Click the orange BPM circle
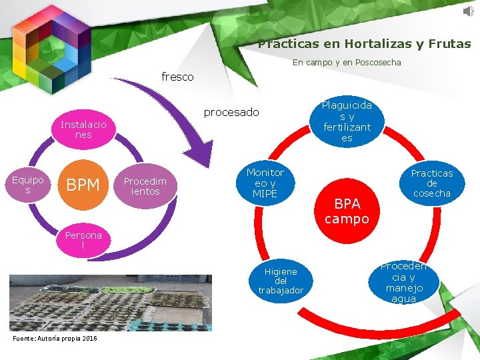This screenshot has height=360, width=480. pyautogui.click(x=83, y=185)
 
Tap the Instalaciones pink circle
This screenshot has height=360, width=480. pyautogui.click(x=83, y=129)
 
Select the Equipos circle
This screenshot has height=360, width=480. pyautogui.click(x=28, y=185)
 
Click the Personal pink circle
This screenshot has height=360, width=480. pyautogui.click(x=83, y=240)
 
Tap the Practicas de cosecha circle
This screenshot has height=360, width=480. pyautogui.click(x=431, y=183)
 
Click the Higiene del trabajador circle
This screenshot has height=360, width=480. pyautogui.click(x=281, y=281)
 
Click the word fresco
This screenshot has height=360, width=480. pyautogui.click(x=178, y=77)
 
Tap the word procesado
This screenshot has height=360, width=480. pyautogui.click(x=231, y=112)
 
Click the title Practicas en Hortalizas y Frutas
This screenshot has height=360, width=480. pyautogui.click(x=364, y=45)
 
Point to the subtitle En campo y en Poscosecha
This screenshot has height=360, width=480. pyautogui.click(x=347, y=63)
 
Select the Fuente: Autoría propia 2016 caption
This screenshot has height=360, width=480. pyautogui.click(x=55, y=339)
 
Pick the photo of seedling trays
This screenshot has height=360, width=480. pyautogui.click(x=111, y=303)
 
